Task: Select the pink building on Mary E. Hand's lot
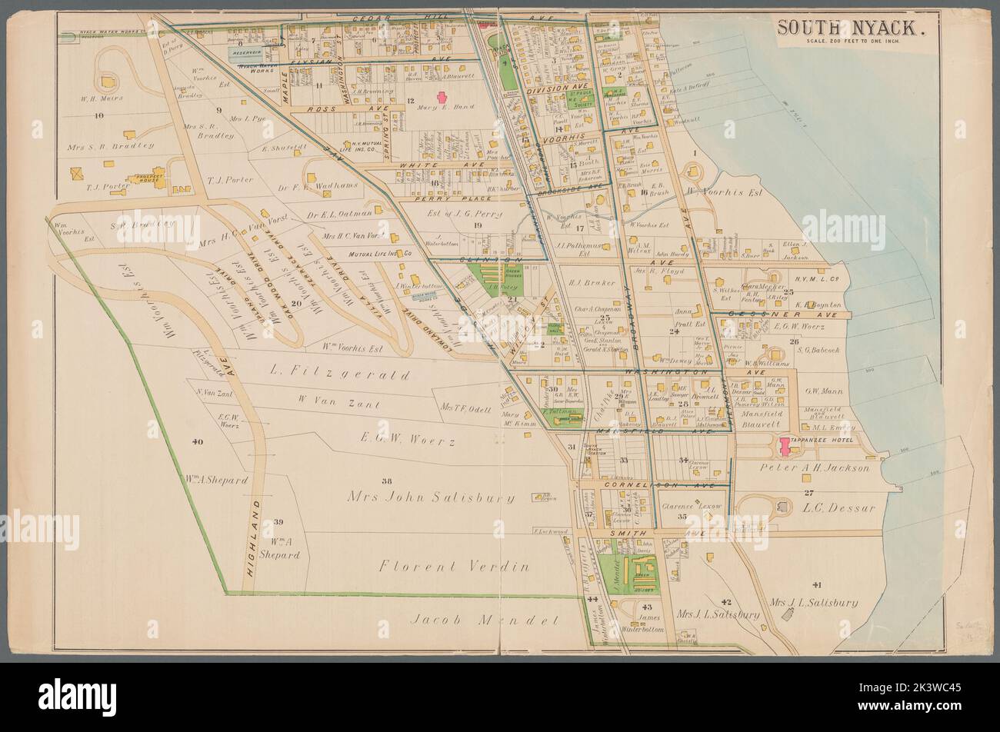(x=442, y=98)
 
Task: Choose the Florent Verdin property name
(x=454, y=567)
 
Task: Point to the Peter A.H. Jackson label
(x=814, y=467)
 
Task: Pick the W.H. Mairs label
(x=102, y=98)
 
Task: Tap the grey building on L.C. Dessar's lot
(x=784, y=507)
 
